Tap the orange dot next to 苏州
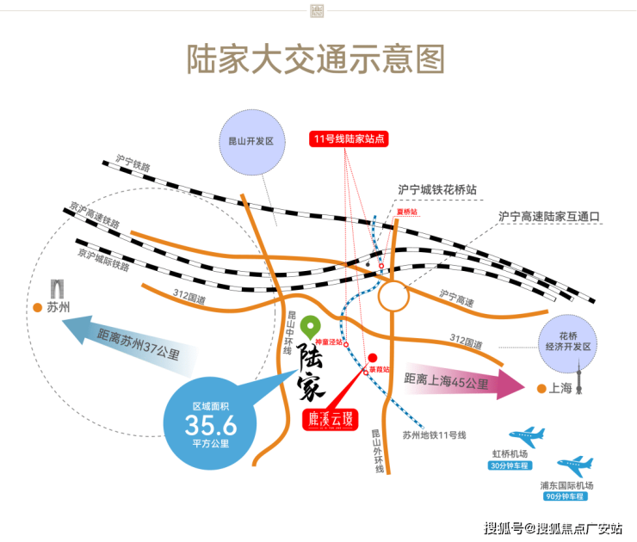pyautogui.click(x=37, y=307)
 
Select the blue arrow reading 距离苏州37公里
pyautogui.click(x=129, y=341)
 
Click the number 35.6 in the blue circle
pyautogui.click(x=211, y=422)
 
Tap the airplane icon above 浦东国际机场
pyautogui.click(x=574, y=467)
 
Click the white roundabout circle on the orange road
pyautogui.click(x=395, y=297)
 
